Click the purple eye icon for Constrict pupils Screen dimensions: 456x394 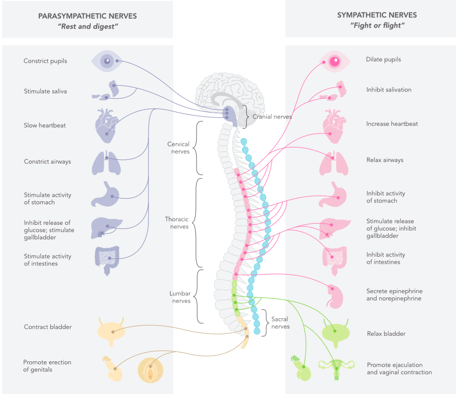pyautogui.click(x=107, y=61)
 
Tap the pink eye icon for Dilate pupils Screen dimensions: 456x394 pyautogui.click(x=335, y=61)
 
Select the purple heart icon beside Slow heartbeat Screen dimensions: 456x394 pyautogui.click(x=107, y=126)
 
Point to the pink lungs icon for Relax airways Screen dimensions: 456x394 pyautogui.click(x=334, y=163)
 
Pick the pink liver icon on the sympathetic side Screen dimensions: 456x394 pyautogui.click(x=335, y=228)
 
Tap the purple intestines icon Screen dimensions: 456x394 pyautogui.click(x=107, y=260)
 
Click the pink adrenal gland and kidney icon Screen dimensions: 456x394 pyautogui.click(x=335, y=296)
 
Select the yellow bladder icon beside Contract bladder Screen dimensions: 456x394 pyautogui.click(x=111, y=332)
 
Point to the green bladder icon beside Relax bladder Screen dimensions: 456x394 pyautogui.click(x=335, y=333)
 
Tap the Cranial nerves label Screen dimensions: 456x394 pyautogui.click(x=272, y=117)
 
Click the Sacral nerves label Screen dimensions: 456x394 pyautogui.click(x=280, y=323)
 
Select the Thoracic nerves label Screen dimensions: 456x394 pyautogui.click(x=177, y=223)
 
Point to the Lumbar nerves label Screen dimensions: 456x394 pyautogui.click(x=180, y=297)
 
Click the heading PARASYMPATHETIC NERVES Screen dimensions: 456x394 pyautogui.click(x=88, y=16)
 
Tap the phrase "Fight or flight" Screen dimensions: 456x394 pyautogui.click(x=377, y=25)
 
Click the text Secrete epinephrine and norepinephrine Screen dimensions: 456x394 pyautogui.click(x=394, y=295)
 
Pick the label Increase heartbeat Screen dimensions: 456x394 pyautogui.click(x=392, y=124)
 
